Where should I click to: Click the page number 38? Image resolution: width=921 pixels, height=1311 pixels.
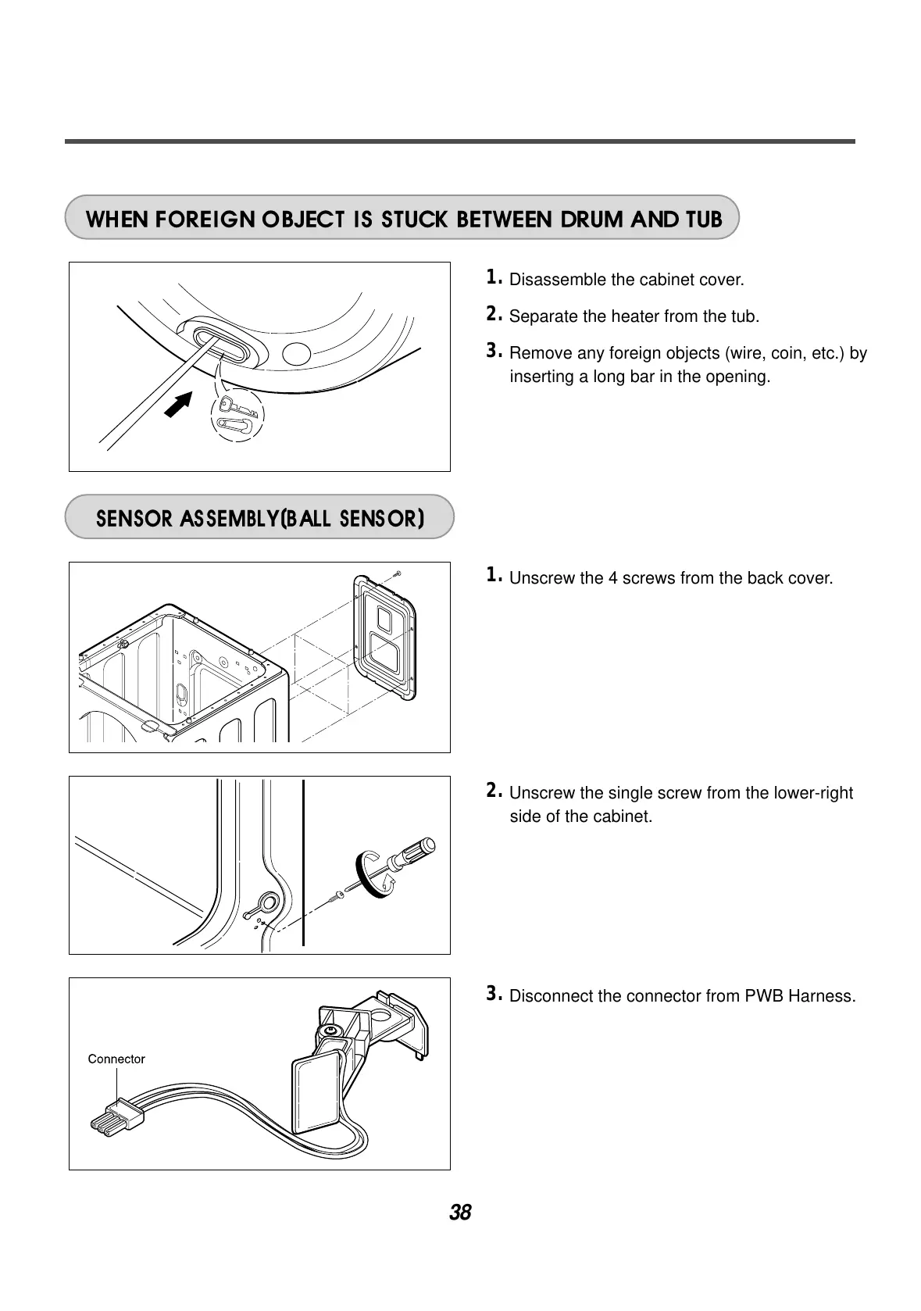tap(460, 1213)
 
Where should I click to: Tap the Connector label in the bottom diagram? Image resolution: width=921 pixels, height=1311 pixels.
tap(116, 1059)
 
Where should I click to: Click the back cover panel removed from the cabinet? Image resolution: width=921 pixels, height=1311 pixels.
tap(384, 635)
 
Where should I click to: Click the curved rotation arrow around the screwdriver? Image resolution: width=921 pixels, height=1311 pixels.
tap(373, 877)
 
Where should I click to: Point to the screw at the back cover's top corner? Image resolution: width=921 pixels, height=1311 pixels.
tap(397, 574)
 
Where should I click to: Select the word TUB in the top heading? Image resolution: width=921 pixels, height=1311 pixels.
tap(704, 219)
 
